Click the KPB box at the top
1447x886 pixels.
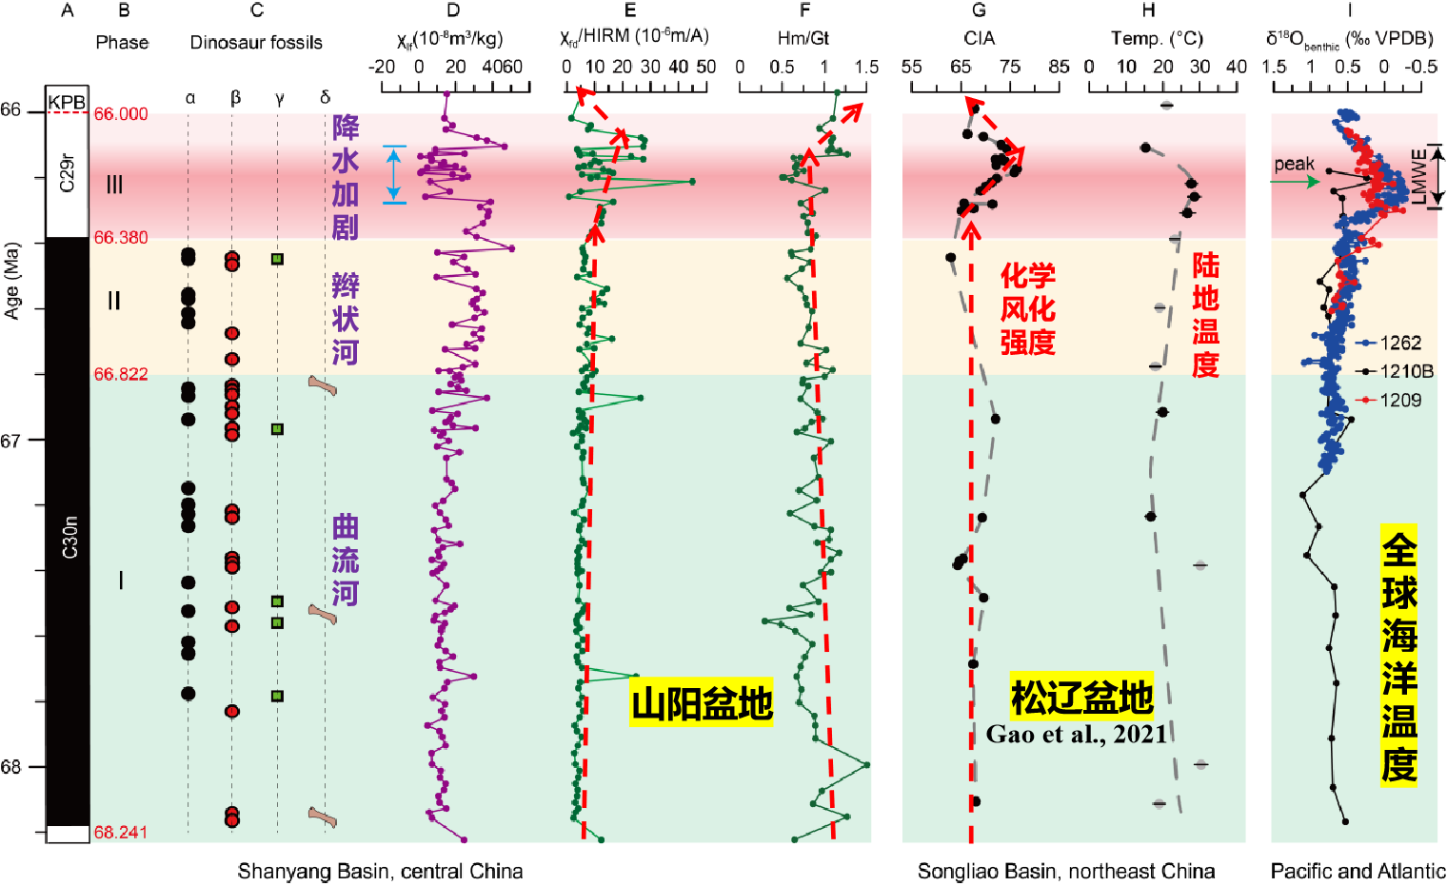click(x=67, y=102)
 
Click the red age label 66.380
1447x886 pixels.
click(x=121, y=238)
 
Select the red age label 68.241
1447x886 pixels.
click(x=121, y=833)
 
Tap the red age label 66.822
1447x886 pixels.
click(x=121, y=374)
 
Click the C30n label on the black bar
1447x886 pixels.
click(x=69, y=537)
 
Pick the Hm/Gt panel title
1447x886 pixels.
click(x=803, y=38)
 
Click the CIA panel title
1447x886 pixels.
click(x=979, y=38)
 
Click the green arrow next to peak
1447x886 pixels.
click(x=1297, y=181)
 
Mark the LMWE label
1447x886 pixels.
click(x=1419, y=176)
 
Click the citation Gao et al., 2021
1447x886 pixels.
click(x=1077, y=734)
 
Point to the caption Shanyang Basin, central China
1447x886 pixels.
click(x=380, y=871)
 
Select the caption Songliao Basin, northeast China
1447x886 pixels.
click(x=1066, y=871)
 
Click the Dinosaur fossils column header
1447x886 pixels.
click(x=256, y=42)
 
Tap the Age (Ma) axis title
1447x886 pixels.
click(x=11, y=281)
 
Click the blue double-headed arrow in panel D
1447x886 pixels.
click(x=395, y=174)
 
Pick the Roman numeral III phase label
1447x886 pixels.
click(x=114, y=185)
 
